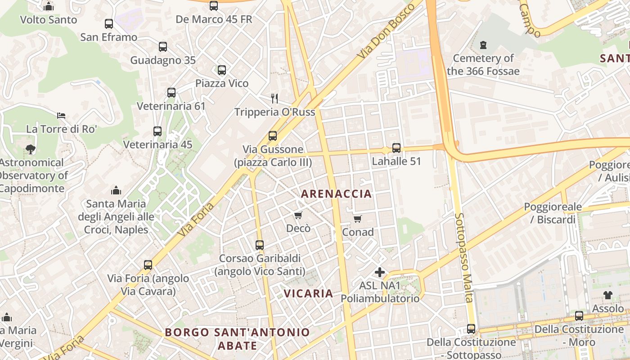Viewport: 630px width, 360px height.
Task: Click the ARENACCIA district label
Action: (x=336, y=194)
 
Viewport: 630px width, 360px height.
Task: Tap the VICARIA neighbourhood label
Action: (x=308, y=294)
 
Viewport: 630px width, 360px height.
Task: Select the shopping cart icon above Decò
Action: (x=298, y=216)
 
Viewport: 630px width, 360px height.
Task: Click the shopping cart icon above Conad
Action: (x=357, y=219)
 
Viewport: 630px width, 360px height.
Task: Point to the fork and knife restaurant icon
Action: (x=274, y=98)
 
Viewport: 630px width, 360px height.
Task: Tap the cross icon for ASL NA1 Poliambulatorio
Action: (x=380, y=272)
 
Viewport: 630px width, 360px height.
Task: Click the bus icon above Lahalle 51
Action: (x=396, y=148)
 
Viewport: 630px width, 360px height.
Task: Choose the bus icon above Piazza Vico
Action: (x=221, y=70)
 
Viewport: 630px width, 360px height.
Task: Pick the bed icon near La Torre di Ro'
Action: (x=61, y=116)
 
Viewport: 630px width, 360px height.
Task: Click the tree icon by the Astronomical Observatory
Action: (x=31, y=149)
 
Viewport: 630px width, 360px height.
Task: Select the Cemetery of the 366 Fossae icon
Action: (x=483, y=45)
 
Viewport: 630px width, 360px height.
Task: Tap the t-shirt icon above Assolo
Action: (x=608, y=295)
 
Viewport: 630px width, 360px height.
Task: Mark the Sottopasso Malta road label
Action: (x=463, y=257)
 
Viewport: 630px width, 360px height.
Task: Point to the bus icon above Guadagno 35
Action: (x=163, y=46)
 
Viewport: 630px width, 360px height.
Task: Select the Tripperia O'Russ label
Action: (x=274, y=112)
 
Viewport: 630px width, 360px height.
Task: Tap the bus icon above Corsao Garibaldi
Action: (x=260, y=245)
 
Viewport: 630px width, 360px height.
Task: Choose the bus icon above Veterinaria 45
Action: (x=157, y=131)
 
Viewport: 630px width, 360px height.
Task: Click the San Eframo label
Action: (x=108, y=37)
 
